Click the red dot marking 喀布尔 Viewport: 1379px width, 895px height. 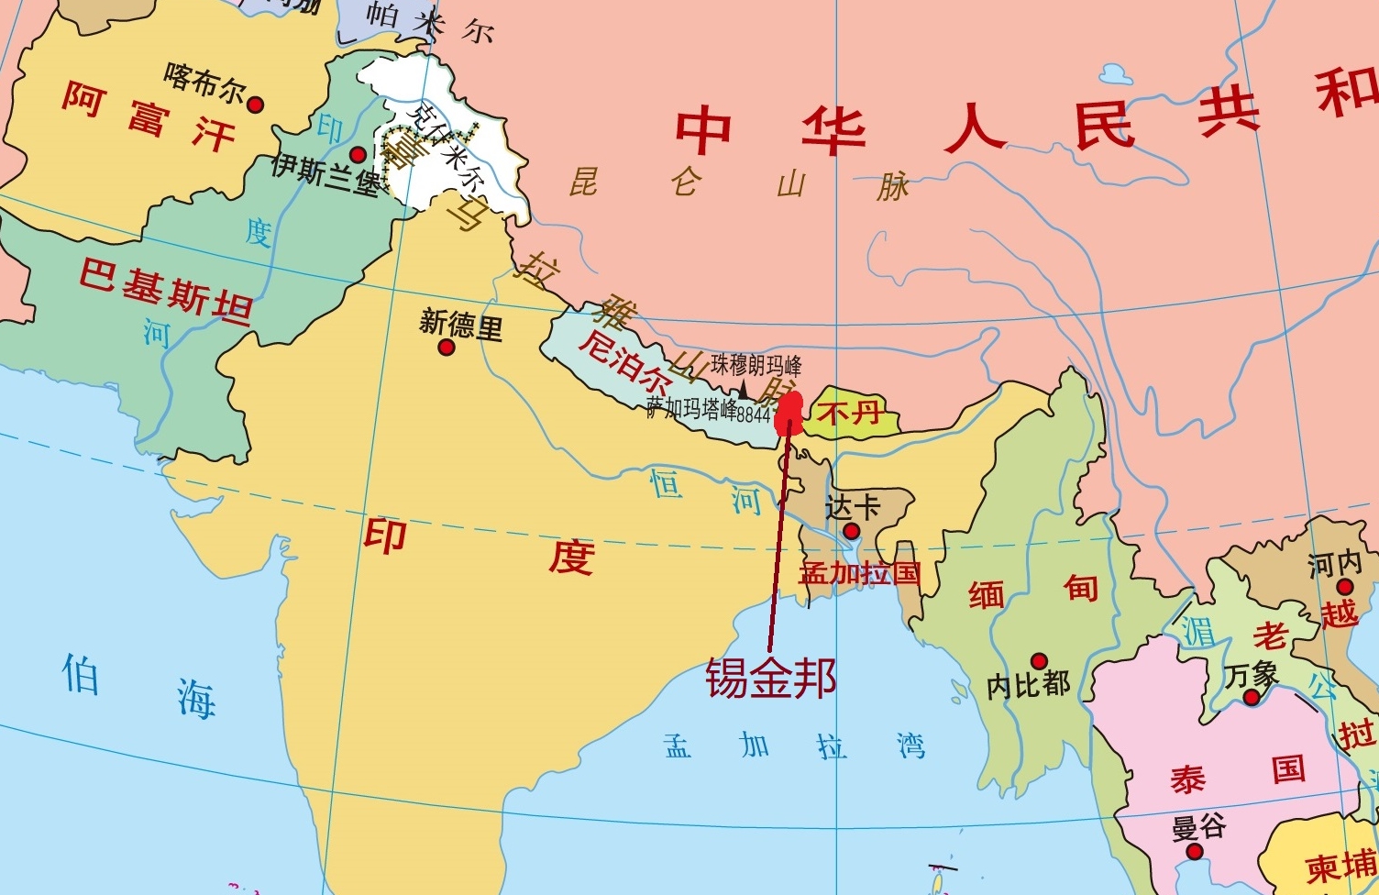pyautogui.click(x=255, y=105)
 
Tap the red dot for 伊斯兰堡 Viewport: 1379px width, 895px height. pyautogui.click(x=358, y=155)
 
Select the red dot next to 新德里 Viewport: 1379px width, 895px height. pyautogui.click(x=447, y=348)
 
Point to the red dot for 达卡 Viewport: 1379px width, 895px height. pyautogui.click(x=851, y=531)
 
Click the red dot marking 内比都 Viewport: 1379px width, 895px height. pyautogui.click(x=1039, y=661)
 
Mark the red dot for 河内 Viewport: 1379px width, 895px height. pyautogui.click(x=1344, y=587)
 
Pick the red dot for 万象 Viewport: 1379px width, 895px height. pyautogui.click(x=1251, y=698)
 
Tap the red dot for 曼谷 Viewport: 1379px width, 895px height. pyautogui.click(x=1194, y=851)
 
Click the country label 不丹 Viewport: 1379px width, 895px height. pyautogui.click(x=849, y=413)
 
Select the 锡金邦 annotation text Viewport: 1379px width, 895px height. pyautogui.click(x=770, y=679)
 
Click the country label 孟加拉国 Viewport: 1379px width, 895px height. pyautogui.click(x=859, y=574)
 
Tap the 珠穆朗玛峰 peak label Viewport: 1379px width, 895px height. pyautogui.click(x=756, y=365)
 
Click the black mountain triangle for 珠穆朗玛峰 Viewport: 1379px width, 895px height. pyautogui.click(x=744, y=391)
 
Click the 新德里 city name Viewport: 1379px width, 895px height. pyautogui.click(x=461, y=324)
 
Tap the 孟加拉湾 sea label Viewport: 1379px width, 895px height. pyautogui.click(x=794, y=746)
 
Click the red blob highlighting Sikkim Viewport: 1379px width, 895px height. pyautogui.click(x=789, y=413)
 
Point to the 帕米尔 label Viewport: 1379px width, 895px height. pyautogui.click(x=430, y=22)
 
